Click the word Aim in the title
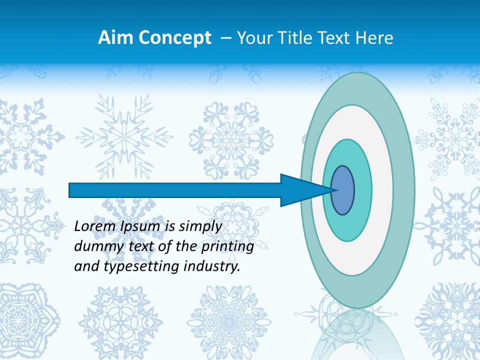pyautogui.click(x=114, y=38)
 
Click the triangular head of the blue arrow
pyautogui.click(x=300, y=190)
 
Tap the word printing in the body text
pyautogui.click(x=230, y=246)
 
